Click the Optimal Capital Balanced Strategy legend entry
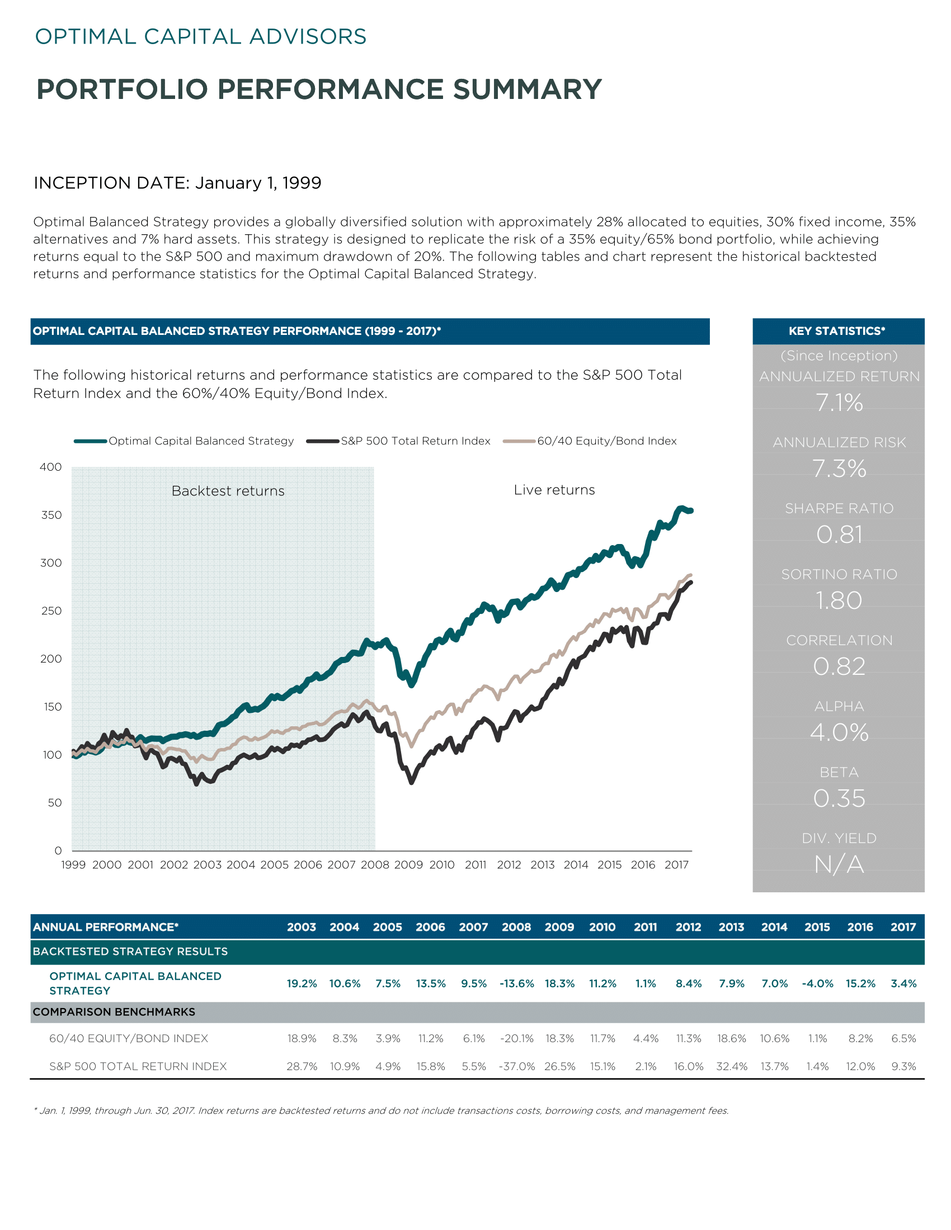pos(183,441)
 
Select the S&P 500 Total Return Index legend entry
pos(398,441)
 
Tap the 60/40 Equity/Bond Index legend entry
pos(590,441)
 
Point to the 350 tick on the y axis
pos(51,515)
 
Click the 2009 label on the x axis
pos(408,864)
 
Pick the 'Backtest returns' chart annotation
pos(228,491)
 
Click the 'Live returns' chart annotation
pos(554,490)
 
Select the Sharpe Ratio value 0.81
pos(840,534)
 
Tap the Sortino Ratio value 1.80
pos(840,600)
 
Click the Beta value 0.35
pos(840,798)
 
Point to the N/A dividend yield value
pos(840,864)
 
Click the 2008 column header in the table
pos(517,927)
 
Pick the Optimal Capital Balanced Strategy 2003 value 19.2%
pos(302,983)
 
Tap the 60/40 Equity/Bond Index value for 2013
pos(732,1038)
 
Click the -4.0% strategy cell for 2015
pos(817,983)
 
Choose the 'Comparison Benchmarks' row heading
pos(114,1012)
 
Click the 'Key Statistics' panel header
pos(839,331)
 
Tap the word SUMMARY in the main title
pos(528,89)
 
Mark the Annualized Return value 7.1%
pos(840,403)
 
